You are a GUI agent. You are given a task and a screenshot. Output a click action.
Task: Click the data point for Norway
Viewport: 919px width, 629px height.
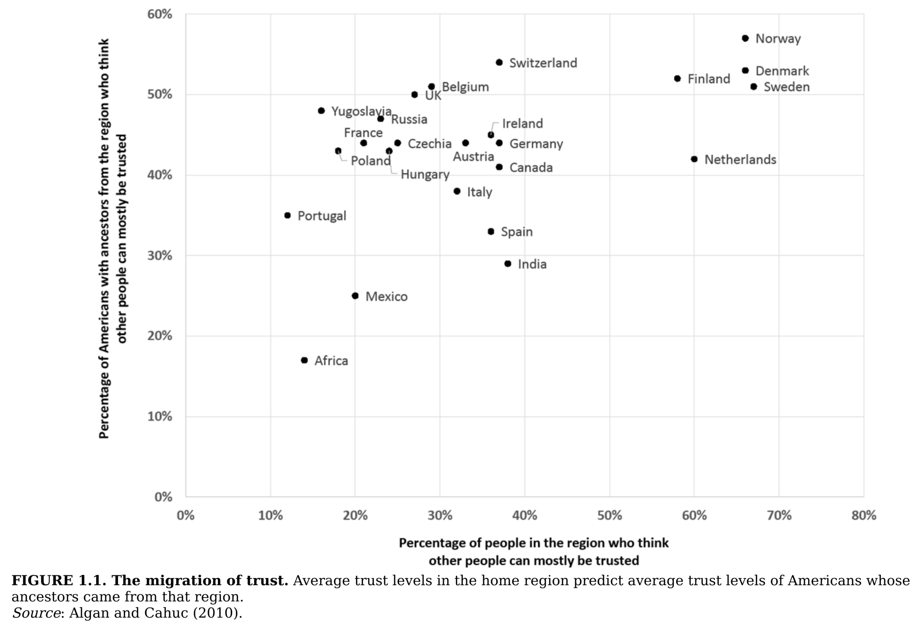[745, 38]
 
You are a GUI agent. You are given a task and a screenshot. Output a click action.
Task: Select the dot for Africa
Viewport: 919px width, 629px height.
[304, 360]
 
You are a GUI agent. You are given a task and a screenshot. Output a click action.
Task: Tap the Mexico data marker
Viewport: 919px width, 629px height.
[355, 296]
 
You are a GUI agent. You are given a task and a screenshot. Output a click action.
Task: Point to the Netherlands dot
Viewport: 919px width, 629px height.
[694, 159]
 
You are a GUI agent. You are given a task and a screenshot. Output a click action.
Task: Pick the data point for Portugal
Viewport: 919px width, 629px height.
[288, 215]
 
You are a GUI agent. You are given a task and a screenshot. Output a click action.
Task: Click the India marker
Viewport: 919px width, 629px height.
[508, 263]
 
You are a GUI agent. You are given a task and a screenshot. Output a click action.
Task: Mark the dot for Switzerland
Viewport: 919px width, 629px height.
[499, 63]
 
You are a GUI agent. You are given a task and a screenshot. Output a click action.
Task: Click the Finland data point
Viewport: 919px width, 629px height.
[677, 79]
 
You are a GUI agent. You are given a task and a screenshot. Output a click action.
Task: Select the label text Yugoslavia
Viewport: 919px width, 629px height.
[361, 111]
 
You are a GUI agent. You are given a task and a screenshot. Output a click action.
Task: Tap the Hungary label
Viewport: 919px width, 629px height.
[425, 175]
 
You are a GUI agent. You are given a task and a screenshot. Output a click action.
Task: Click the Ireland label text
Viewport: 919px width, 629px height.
[522, 124]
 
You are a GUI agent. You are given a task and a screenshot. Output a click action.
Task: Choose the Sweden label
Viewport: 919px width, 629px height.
[787, 87]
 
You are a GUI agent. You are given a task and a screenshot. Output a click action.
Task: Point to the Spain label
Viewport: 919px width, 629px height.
[517, 231]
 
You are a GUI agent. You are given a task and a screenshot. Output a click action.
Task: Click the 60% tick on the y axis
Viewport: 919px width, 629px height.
[160, 14]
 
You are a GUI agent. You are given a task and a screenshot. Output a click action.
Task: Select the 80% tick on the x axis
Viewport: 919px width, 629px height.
[864, 515]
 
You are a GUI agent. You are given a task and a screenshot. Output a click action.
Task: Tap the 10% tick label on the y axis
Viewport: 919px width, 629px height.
[160, 417]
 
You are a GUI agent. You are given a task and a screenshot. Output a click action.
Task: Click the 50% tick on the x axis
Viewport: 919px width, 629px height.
[609, 515]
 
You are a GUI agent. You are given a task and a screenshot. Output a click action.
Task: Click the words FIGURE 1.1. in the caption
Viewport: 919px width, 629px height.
[59, 580]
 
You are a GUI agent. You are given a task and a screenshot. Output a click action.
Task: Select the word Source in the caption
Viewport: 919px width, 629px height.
[36, 613]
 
